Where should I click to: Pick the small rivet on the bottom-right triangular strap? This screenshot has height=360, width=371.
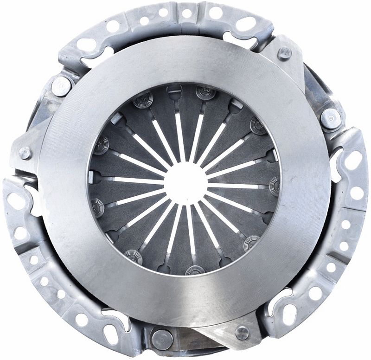(x=242, y=332)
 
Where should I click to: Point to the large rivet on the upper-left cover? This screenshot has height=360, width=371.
(x=62, y=86)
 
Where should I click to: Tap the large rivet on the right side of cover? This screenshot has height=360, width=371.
(x=331, y=119)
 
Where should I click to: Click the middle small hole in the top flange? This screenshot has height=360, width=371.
(x=187, y=13)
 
